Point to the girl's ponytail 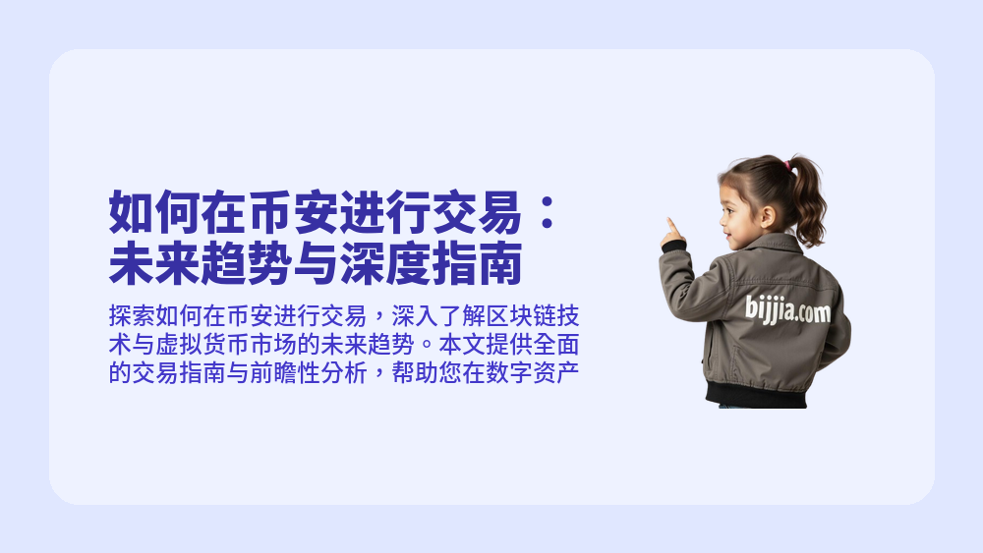click(x=808, y=201)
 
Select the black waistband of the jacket click(x=756, y=394)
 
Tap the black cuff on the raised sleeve click(x=673, y=246)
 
